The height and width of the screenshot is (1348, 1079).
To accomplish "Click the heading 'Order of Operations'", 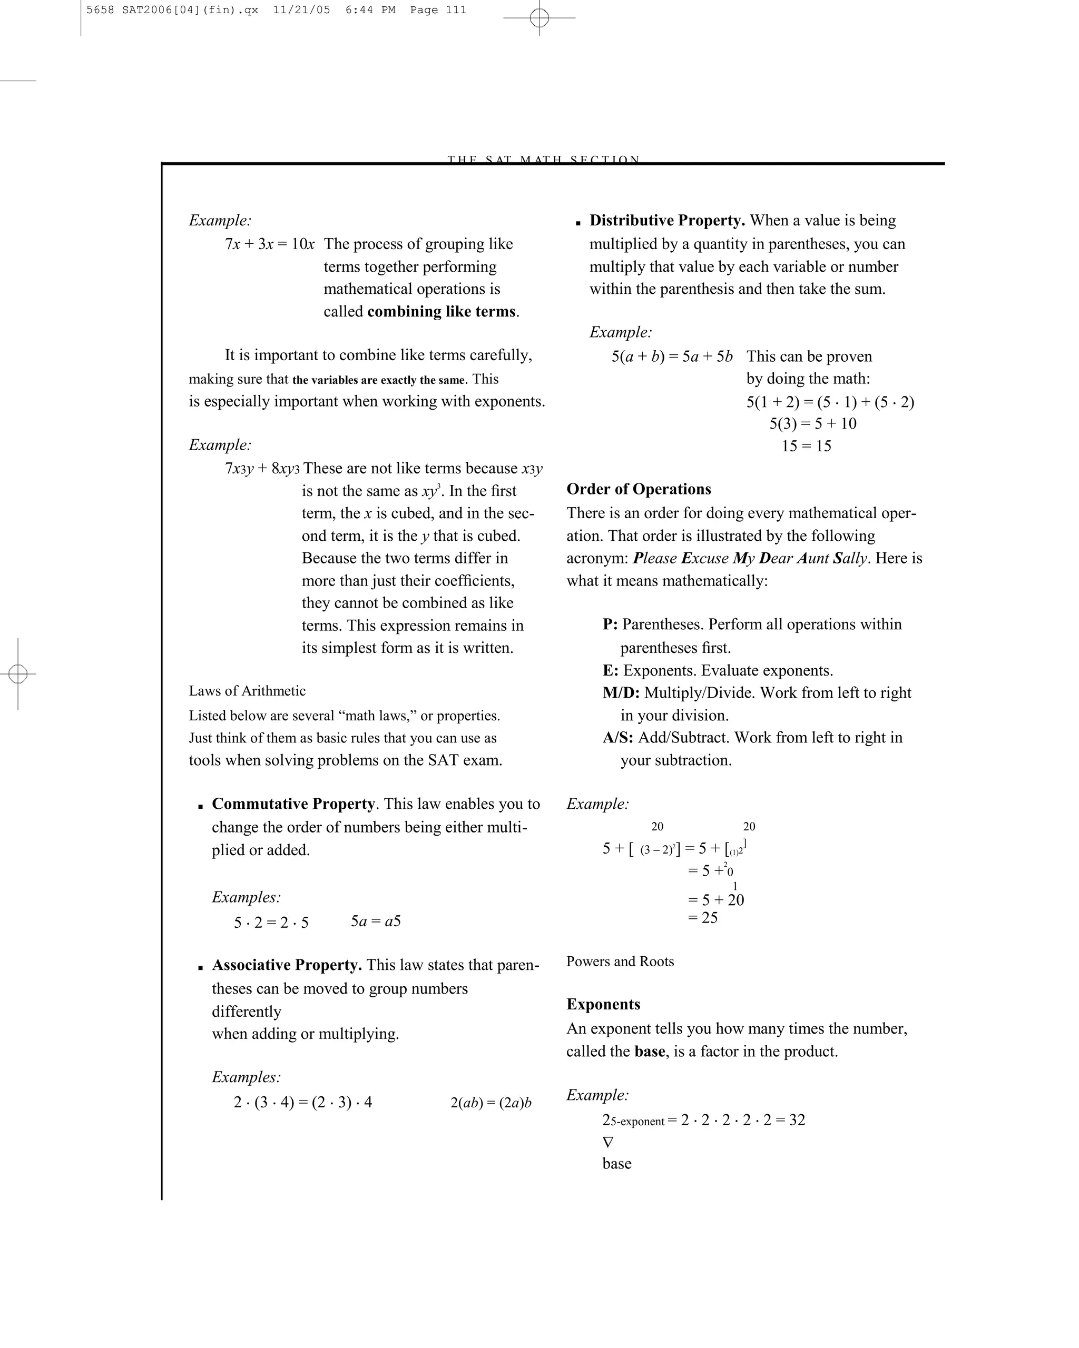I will [x=639, y=489].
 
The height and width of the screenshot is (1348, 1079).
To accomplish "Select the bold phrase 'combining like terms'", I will [x=441, y=311].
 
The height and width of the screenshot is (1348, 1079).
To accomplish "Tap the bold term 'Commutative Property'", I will [x=293, y=804].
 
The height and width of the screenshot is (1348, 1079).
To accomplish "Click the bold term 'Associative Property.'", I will [x=287, y=965].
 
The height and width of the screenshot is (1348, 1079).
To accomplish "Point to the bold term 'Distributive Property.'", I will [x=667, y=220].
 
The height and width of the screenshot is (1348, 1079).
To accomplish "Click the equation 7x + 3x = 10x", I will [x=270, y=244].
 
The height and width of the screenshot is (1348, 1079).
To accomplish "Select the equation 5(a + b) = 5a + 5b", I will [x=672, y=356].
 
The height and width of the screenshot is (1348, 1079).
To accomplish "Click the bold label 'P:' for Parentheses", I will [x=610, y=624].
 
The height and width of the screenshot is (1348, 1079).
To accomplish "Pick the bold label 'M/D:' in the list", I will [x=621, y=693].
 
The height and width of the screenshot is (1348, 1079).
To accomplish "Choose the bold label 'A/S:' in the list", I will [x=618, y=737].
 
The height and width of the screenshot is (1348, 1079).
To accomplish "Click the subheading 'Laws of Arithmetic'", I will [x=247, y=691].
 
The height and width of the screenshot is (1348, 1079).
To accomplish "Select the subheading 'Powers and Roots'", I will [x=620, y=962].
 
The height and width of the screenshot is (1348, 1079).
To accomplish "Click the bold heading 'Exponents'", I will [x=603, y=1004].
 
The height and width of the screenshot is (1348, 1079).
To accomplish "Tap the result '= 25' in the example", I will [x=703, y=918].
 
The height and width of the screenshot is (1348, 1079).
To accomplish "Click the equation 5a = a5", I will [x=375, y=921].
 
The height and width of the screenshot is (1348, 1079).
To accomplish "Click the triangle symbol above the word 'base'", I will [x=608, y=1142].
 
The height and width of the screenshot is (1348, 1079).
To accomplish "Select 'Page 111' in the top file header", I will [x=438, y=10].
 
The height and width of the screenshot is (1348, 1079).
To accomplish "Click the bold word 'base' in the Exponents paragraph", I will [x=649, y=1052].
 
